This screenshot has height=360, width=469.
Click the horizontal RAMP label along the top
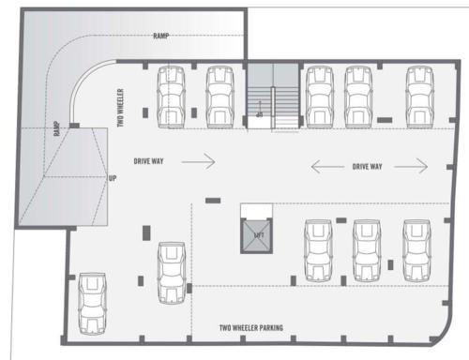point(160,36)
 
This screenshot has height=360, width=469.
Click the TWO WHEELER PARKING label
point(250,327)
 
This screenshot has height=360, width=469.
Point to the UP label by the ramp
point(113,177)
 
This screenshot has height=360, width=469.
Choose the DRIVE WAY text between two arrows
point(367,167)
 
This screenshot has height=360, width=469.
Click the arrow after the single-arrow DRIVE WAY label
point(199,161)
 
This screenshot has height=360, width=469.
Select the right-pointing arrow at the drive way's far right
point(409,167)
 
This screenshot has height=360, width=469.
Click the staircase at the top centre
point(272,97)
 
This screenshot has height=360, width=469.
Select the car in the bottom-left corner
point(92,303)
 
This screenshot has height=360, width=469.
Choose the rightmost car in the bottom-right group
point(414,249)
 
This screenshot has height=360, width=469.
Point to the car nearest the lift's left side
point(172,272)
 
